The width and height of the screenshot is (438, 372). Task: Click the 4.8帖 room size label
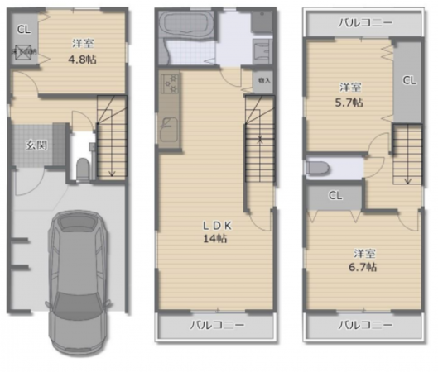point(80,60)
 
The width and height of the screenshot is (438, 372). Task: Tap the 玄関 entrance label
point(35,145)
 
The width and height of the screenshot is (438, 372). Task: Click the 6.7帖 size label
point(364,268)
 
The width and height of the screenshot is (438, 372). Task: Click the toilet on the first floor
point(81,169)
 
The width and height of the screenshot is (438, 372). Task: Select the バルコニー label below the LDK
point(217,325)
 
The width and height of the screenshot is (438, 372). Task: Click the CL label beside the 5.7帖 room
point(408,80)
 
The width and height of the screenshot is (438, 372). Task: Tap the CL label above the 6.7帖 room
point(335,196)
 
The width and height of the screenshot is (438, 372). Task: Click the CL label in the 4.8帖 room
point(22,31)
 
